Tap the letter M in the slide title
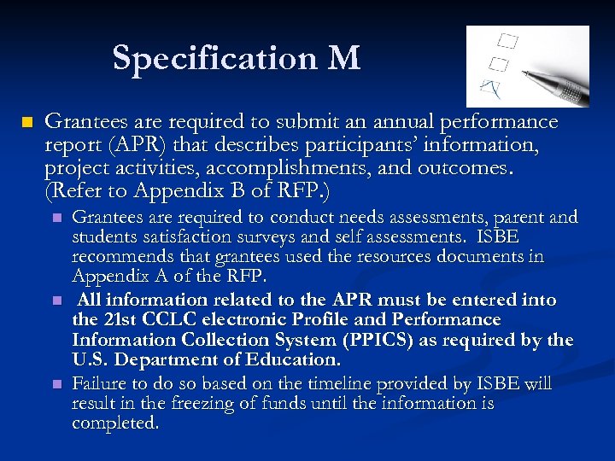click(343, 58)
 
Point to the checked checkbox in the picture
click(490, 86)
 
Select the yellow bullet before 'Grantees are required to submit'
click(26, 123)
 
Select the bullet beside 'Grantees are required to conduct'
click(57, 218)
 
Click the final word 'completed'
click(114, 423)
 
